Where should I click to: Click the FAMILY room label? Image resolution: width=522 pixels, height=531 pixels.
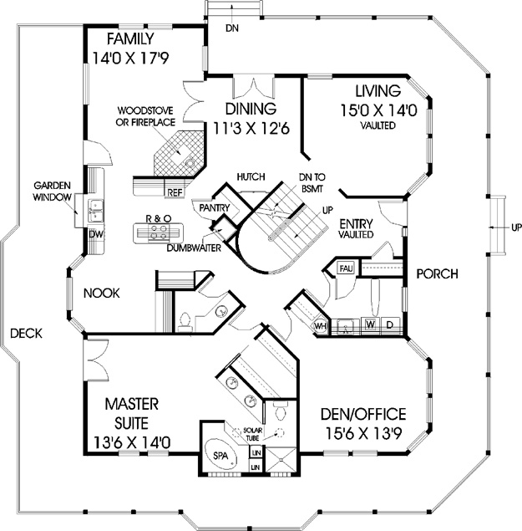(x=130, y=39)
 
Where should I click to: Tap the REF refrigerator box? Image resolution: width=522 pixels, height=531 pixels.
(x=175, y=192)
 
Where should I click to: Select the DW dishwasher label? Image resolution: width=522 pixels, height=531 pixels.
(x=96, y=234)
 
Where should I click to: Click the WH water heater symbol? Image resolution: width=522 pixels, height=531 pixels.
(x=321, y=326)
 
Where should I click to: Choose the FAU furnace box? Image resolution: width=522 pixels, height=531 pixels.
(x=346, y=269)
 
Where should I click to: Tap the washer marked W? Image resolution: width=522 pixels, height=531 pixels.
(x=371, y=325)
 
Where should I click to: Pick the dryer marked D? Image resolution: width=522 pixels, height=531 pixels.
(x=390, y=325)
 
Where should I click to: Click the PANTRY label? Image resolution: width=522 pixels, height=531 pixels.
(x=215, y=207)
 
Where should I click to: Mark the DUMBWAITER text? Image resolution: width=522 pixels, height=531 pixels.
(x=194, y=248)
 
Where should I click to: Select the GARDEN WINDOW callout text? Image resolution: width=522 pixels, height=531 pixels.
(x=52, y=191)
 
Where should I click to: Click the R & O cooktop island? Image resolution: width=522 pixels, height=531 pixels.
(x=158, y=232)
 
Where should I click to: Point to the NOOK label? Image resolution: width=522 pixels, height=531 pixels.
(x=102, y=294)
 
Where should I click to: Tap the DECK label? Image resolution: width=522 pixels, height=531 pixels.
(x=27, y=334)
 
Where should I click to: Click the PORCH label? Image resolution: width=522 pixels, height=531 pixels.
(x=437, y=273)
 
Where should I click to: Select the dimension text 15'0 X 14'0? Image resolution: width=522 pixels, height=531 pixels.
(x=378, y=110)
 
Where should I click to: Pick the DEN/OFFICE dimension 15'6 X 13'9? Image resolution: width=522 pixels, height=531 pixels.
(x=363, y=433)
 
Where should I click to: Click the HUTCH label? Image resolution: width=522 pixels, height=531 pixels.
(x=251, y=176)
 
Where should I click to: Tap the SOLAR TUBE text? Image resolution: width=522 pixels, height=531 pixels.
(x=253, y=434)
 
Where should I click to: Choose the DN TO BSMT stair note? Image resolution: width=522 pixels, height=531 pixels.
(x=312, y=183)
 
